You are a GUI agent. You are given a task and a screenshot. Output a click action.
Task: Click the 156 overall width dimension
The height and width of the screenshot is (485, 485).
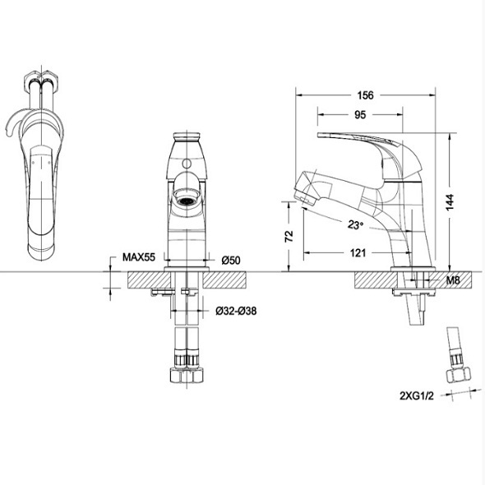[x=365, y=95]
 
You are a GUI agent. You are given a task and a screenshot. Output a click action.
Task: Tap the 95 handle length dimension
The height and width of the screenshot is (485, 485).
[x=360, y=115]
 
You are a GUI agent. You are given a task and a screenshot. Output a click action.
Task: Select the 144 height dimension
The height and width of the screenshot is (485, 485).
[x=450, y=202]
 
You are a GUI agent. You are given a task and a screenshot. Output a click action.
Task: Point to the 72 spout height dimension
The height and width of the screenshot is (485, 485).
[x=289, y=236]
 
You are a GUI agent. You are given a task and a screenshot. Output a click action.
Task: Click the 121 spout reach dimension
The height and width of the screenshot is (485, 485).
[x=358, y=252]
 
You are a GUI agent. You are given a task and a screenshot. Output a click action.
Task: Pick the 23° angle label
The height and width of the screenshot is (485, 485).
[x=355, y=225]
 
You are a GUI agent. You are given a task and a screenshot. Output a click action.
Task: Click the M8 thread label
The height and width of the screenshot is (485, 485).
[x=453, y=280]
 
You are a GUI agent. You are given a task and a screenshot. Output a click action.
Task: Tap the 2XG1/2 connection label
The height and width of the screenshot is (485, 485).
[x=417, y=395]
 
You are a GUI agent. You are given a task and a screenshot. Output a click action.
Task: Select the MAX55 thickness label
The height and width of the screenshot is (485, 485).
[x=139, y=257]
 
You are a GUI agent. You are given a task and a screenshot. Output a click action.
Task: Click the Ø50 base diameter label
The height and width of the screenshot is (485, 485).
[x=231, y=260]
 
